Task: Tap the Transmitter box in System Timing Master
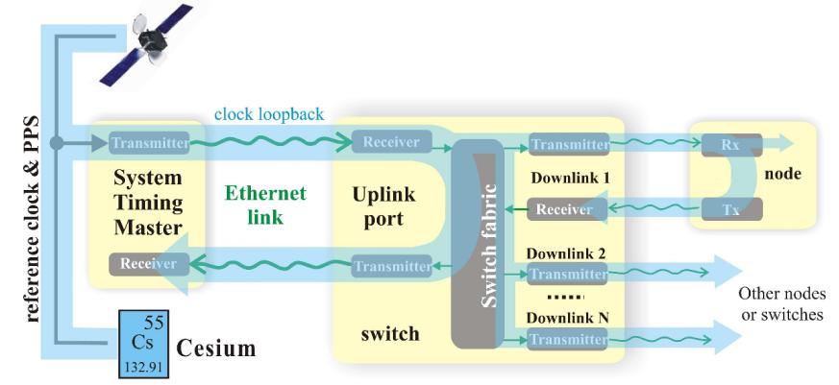(x=149, y=144)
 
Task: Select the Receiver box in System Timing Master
(x=148, y=263)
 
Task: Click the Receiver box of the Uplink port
(x=391, y=143)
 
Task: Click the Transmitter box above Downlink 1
(x=568, y=145)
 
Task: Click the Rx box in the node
(x=730, y=145)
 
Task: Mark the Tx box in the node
(x=730, y=208)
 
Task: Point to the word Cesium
(x=216, y=349)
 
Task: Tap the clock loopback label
(x=269, y=114)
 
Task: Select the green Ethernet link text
(x=266, y=205)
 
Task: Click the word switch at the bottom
(x=391, y=333)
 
